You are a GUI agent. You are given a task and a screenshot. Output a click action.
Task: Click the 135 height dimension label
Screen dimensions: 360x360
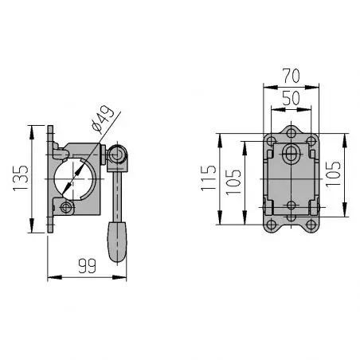tap(21, 178)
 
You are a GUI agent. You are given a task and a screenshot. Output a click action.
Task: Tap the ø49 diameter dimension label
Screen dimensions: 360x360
tap(104, 119)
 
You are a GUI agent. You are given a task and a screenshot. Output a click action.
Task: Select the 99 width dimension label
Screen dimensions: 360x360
tap(87, 266)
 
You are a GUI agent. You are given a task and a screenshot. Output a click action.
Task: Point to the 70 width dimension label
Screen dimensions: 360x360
tap(292, 76)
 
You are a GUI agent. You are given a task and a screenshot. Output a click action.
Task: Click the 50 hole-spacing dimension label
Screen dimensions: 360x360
tap(292, 98)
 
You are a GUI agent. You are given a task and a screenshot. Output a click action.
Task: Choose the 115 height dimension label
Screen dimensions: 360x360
tap(209, 178)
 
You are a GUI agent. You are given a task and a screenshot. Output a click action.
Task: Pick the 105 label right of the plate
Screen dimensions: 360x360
tap(333, 174)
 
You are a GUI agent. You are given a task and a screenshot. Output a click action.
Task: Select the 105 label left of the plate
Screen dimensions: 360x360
tap(233, 182)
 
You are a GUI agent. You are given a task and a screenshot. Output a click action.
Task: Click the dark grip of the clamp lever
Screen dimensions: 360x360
tap(117, 242)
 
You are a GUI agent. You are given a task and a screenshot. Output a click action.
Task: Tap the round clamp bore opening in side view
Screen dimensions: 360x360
tap(75, 179)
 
